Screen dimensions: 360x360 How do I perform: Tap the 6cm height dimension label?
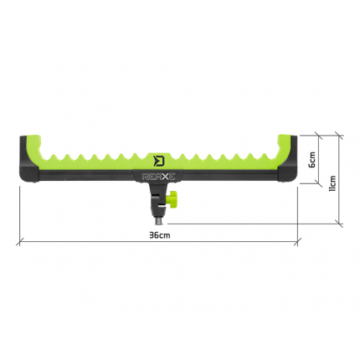click(311, 157)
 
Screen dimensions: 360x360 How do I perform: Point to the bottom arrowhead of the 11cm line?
click(339, 223)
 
